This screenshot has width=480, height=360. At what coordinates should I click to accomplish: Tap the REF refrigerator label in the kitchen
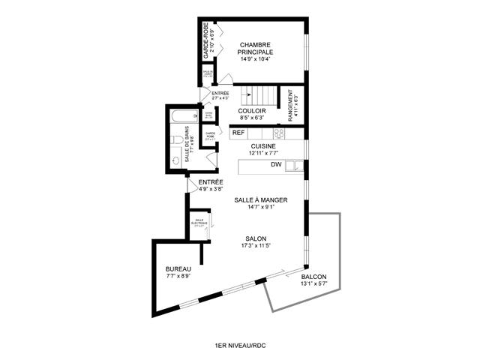pos(238,133)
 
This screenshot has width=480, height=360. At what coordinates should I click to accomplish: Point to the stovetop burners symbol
pos(278,133)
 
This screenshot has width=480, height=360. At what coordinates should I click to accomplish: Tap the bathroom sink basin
pos(175,160)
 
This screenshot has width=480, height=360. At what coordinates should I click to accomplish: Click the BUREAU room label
pos(178,269)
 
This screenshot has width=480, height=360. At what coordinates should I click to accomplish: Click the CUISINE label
pos(263,146)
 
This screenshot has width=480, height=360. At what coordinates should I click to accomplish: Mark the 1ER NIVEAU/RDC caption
pos(239,344)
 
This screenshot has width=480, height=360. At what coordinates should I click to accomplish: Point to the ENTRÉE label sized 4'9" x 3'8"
pos(211,182)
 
